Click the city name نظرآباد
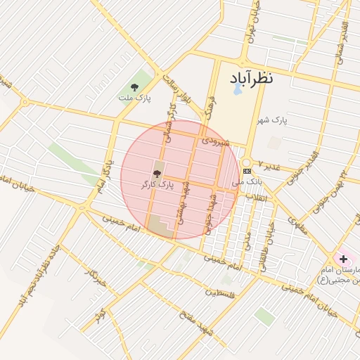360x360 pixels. [x=250, y=77]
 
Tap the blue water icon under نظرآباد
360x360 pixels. [x=238, y=89]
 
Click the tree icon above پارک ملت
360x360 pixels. [x=134, y=88]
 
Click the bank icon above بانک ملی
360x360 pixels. [x=247, y=171]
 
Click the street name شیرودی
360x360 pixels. [x=215, y=141]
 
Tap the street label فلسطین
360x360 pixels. [x=221, y=292]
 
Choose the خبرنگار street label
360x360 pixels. [x=94, y=276]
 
